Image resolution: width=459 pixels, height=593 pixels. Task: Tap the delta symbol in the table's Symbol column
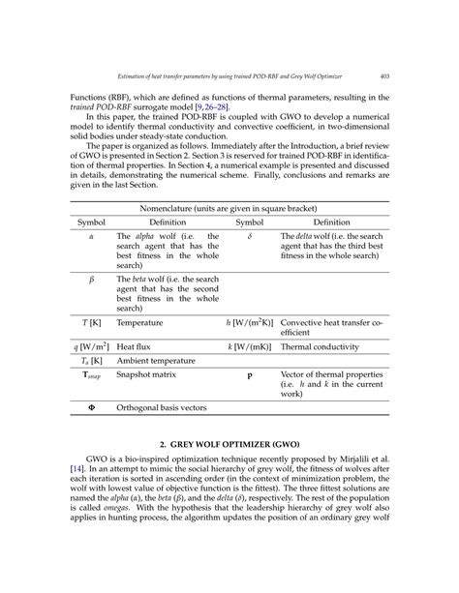(x=249, y=236)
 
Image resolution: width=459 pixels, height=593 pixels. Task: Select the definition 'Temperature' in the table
(x=140, y=322)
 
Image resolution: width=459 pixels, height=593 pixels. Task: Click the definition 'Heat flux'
(x=134, y=343)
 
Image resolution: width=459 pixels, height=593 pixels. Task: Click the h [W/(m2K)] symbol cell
(x=245, y=322)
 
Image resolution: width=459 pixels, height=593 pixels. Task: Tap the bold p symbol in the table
(x=249, y=375)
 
